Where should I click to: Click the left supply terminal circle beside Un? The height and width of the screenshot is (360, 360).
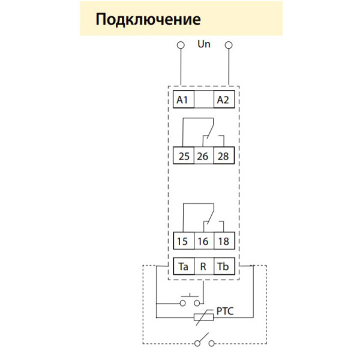point(180,45)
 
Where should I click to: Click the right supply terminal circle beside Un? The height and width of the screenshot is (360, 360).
point(228,45)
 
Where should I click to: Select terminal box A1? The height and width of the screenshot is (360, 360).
point(183,100)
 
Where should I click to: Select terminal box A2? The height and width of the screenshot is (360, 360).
point(223,100)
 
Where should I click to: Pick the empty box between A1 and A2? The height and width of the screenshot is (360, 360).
point(203,100)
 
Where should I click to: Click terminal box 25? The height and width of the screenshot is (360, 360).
point(183,157)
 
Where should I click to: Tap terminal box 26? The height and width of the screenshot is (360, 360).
point(203,157)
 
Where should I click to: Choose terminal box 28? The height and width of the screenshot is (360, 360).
point(223,157)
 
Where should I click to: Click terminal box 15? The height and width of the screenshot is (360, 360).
point(183,242)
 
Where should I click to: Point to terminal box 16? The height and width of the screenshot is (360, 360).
point(203,242)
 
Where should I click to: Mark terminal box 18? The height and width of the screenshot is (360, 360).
point(223,242)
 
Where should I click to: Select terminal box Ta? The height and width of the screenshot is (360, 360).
point(183,265)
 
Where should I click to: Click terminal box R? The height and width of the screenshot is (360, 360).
point(203,265)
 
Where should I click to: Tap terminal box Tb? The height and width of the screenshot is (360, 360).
point(223,265)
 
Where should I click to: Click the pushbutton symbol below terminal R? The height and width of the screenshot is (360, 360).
point(191,300)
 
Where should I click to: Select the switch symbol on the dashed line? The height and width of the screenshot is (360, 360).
point(204,343)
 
